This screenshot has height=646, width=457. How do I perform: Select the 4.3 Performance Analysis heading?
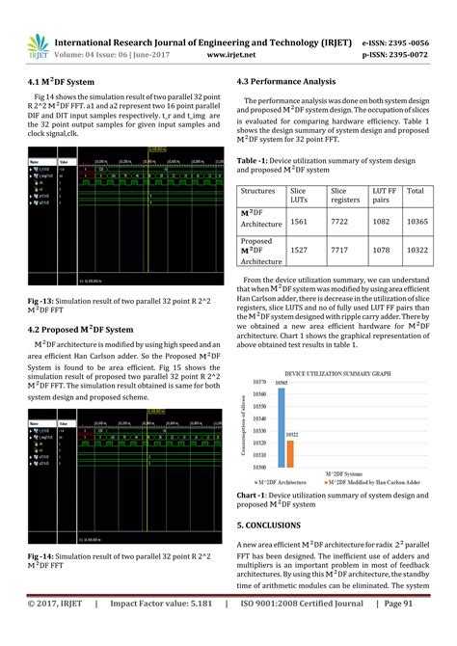point(293,83)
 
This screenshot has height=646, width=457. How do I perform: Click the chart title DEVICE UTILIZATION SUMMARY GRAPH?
point(337,371)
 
